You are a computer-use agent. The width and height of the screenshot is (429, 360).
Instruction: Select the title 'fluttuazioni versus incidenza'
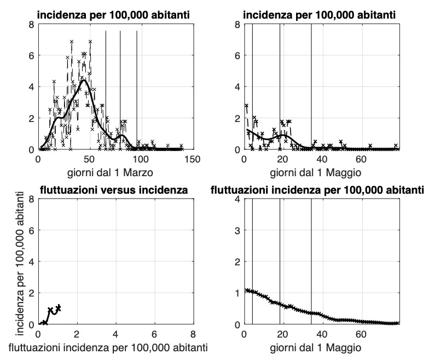115,190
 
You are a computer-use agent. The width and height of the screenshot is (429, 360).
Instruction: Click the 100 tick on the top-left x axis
141,159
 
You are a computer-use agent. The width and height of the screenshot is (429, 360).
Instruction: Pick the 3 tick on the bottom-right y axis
237,230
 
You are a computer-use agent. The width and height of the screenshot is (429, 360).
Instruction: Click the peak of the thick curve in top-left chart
84,80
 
